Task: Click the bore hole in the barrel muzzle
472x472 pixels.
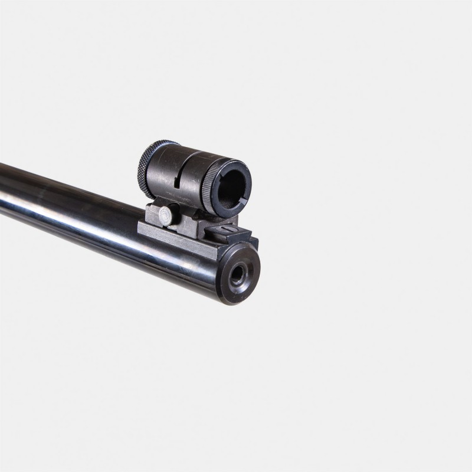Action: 238,275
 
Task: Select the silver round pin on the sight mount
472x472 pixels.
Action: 166,215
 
